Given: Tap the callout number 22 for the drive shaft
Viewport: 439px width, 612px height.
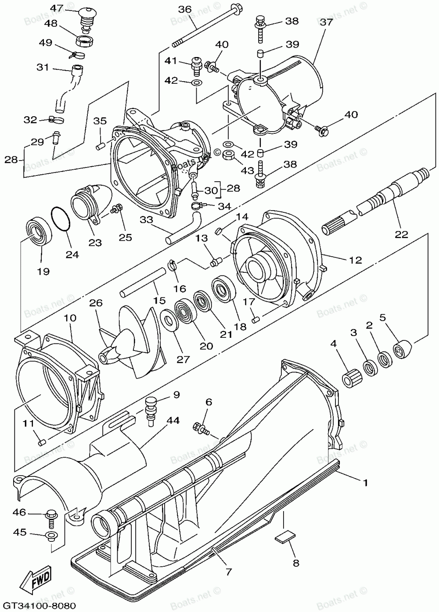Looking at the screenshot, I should point(401,234).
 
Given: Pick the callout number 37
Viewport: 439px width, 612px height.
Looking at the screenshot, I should point(326,21).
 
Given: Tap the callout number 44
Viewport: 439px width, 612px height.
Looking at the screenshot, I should point(173,420).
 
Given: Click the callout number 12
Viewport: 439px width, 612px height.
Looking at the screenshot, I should point(355,260).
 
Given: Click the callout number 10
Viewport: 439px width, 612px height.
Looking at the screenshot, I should point(70,318).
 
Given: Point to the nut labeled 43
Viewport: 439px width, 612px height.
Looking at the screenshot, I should point(228,155).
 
